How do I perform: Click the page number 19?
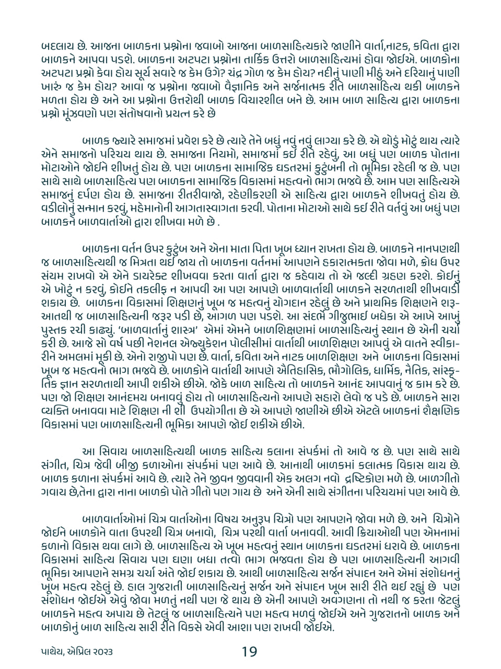(249, 651)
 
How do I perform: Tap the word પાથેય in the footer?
(55, 652)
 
